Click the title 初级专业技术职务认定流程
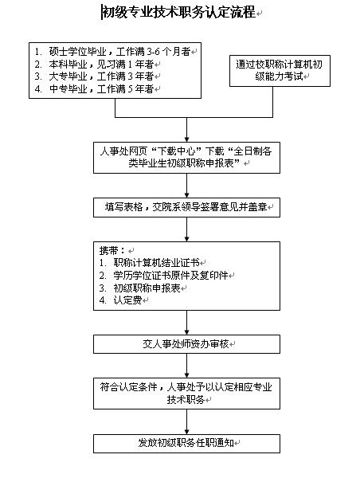(180, 13)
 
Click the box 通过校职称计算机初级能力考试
(280, 73)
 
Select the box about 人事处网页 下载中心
(186, 156)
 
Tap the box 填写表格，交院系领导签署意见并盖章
(186, 208)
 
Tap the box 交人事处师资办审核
(186, 345)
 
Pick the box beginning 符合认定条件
(186, 393)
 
